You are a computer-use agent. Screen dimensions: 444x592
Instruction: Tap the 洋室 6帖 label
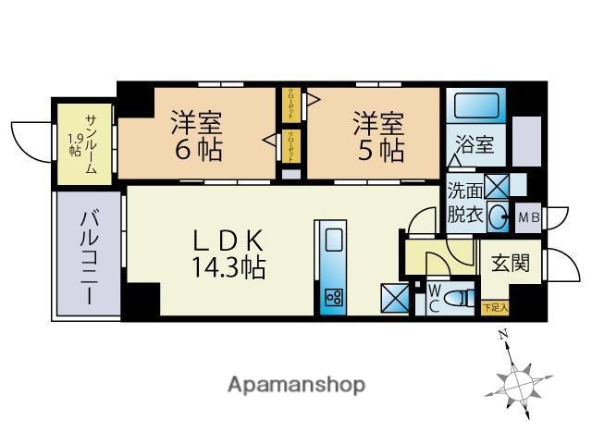tap(196, 135)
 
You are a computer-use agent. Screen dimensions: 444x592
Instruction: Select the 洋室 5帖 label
tap(377, 135)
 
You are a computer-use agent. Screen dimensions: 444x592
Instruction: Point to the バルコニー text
tap(89, 256)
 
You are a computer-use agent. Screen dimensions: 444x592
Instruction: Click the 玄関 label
tap(510, 263)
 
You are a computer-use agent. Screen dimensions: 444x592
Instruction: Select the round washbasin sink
tap(498, 218)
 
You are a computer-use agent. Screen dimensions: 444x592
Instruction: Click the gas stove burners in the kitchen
tap(333, 298)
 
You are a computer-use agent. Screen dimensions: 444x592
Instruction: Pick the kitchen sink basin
tap(333, 242)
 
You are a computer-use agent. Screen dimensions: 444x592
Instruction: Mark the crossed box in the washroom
tap(497, 186)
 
